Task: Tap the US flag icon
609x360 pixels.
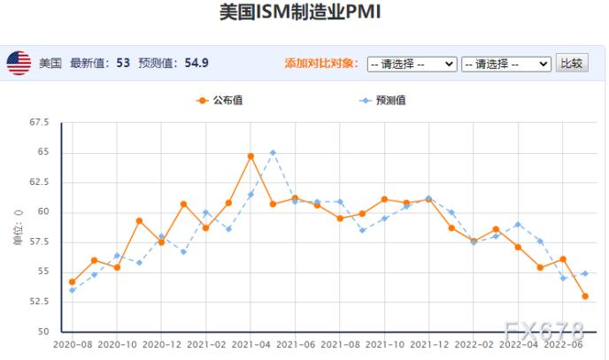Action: pyautogui.click(x=19, y=63)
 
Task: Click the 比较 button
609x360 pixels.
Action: pyautogui.click(x=572, y=63)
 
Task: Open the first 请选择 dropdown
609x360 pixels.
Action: pyautogui.click(x=412, y=64)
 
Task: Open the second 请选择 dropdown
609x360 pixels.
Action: pyautogui.click(x=505, y=64)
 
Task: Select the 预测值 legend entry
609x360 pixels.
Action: pyautogui.click(x=383, y=100)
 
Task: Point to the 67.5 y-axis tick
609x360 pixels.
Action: pyautogui.click(x=40, y=122)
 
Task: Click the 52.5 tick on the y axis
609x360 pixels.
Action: pyautogui.click(x=40, y=302)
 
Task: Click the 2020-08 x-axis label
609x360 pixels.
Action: pyautogui.click(x=73, y=344)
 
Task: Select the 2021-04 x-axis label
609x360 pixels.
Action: pyautogui.click(x=251, y=344)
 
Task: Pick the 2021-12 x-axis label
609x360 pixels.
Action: pyautogui.click(x=429, y=344)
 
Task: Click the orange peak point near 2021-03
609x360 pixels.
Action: pyautogui.click(x=251, y=156)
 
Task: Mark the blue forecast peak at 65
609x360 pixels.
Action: pyautogui.click(x=273, y=152)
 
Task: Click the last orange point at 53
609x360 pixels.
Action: pyautogui.click(x=585, y=296)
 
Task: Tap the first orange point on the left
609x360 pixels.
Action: pyautogui.click(x=72, y=282)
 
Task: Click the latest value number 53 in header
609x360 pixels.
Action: pyautogui.click(x=122, y=64)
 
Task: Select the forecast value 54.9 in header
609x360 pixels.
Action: pyautogui.click(x=197, y=64)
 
